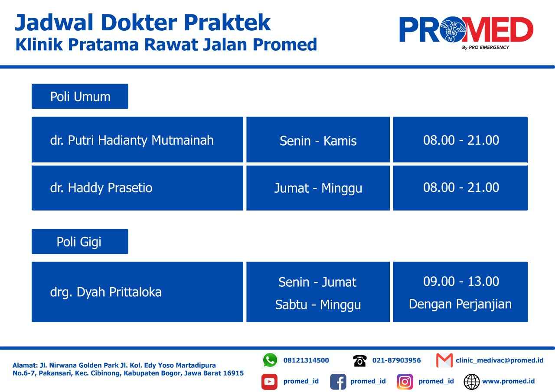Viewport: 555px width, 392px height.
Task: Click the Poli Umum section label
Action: coord(80,96)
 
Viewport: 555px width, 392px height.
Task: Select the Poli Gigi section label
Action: coord(80,242)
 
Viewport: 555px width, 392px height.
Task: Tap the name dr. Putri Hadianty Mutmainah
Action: coord(132,140)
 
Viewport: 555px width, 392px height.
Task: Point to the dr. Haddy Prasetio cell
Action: coord(137,188)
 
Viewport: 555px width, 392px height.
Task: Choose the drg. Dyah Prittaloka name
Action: coord(106,292)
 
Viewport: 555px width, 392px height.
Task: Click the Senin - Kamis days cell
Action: coord(318,139)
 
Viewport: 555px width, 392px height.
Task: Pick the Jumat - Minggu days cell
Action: coord(318,188)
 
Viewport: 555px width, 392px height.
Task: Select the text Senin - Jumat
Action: coord(317,282)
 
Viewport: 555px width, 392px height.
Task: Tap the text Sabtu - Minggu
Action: coord(318,305)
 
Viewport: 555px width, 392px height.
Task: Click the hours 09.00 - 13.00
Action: coord(461,282)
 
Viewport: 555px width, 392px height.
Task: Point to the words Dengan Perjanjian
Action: coord(460,304)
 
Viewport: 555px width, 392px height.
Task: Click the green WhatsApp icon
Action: coord(270,360)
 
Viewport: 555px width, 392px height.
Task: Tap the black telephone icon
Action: coord(360,360)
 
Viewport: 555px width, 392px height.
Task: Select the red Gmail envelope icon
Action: coord(444,360)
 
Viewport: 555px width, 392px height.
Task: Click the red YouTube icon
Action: coord(269,381)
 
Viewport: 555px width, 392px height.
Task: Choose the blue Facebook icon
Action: coord(338,382)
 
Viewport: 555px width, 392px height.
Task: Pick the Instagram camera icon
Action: coord(405,382)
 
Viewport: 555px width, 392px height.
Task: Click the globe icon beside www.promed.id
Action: coord(471,382)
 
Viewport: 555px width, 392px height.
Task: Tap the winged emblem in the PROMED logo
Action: coord(453,29)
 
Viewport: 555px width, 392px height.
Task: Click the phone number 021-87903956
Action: coord(396,360)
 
